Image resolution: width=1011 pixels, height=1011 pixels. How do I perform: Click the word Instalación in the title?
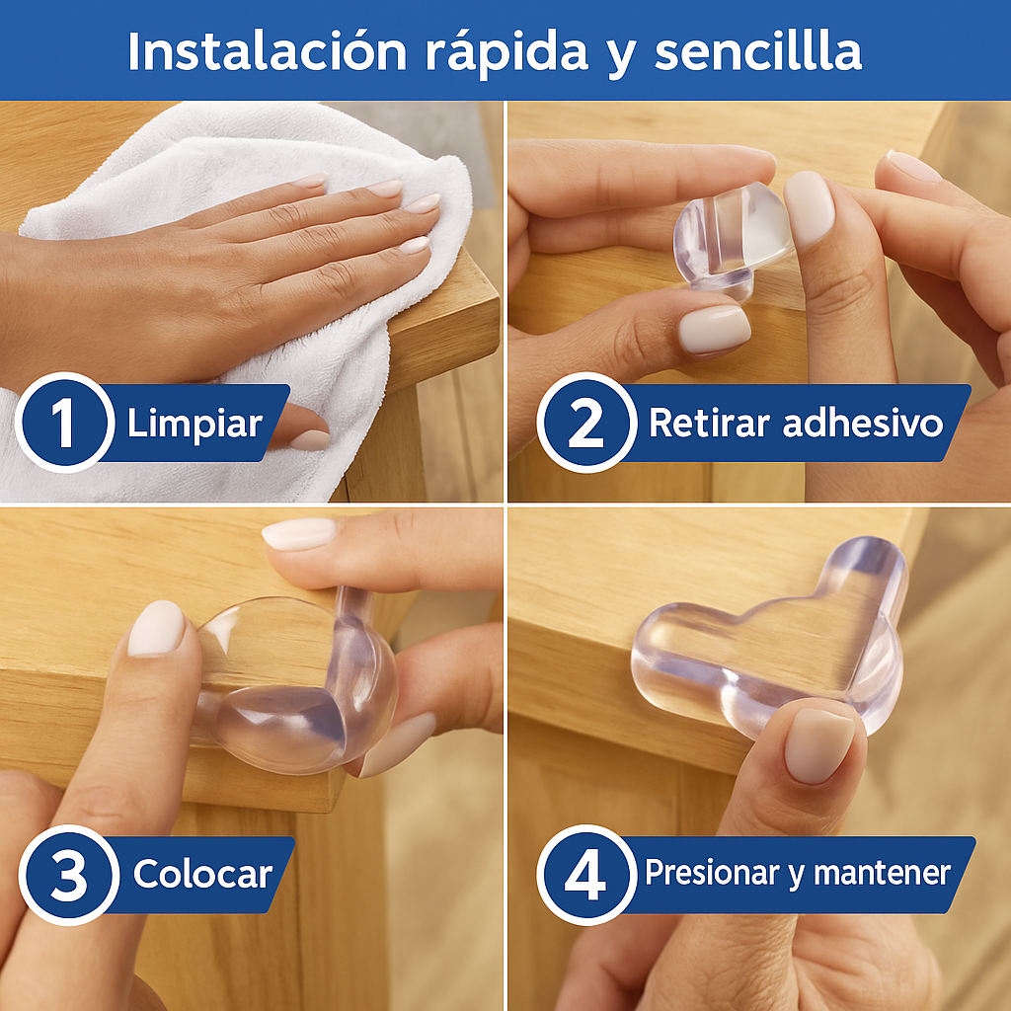click(268, 51)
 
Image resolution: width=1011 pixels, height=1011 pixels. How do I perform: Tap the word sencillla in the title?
click(758, 51)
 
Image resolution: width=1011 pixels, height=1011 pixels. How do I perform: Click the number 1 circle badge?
click(64, 423)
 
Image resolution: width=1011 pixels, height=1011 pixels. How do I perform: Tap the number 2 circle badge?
click(586, 423)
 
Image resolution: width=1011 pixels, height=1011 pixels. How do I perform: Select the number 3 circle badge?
click(69, 875)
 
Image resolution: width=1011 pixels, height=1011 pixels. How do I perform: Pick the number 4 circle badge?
click(586, 875)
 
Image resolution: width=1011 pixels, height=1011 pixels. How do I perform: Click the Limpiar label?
click(194, 425)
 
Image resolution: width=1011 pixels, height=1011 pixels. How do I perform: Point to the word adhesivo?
click(863, 423)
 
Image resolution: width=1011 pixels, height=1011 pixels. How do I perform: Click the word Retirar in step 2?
click(709, 423)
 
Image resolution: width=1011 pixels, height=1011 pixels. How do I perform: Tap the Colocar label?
click(202, 875)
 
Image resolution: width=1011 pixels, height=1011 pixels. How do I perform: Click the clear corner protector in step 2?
click(732, 241)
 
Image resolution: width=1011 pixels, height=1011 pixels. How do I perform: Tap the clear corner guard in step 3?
click(293, 683)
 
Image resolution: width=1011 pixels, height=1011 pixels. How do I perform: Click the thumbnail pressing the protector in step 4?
click(818, 745)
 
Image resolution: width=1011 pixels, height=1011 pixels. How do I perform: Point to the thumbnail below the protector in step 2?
click(714, 330)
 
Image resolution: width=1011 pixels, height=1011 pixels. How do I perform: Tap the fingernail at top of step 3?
click(298, 534)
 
